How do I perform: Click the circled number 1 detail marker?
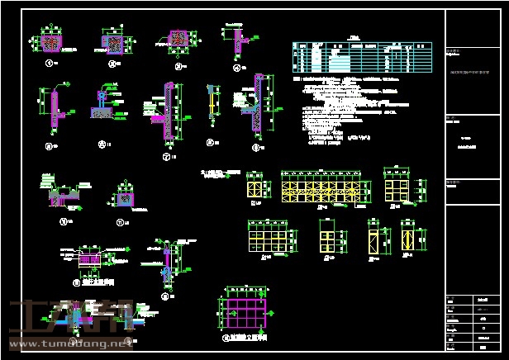pyautogui.click(x=49, y=63)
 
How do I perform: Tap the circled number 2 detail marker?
pyautogui.click(x=112, y=63)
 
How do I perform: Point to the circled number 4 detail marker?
pyautogui.click(x=236, y=69)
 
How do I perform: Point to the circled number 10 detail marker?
pyautogui.click(x=63, y=221)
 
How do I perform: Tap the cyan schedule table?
pyautogui.click(x=361, y=58)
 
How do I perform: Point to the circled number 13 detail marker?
pyautogui.click(x=165, y=295)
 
